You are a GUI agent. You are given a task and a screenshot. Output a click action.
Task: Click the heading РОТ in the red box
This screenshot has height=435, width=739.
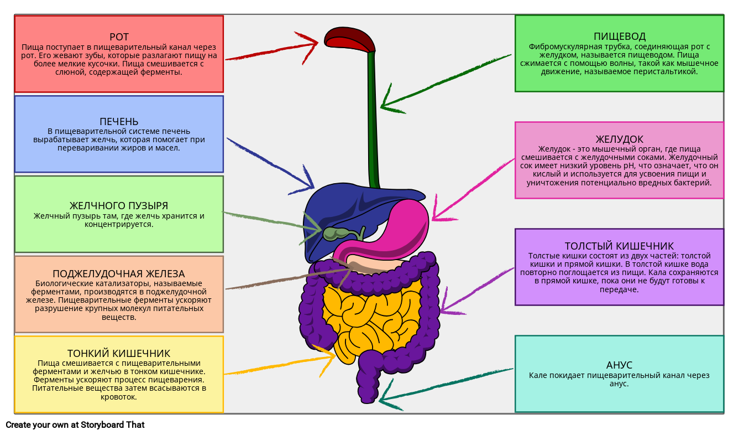[x=119, y=37]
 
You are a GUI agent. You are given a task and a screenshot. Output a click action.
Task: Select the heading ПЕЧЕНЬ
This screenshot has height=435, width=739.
[x=119, y=121]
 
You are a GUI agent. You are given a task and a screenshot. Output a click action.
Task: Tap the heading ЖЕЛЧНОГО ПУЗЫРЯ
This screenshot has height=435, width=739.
[x=119, y=206]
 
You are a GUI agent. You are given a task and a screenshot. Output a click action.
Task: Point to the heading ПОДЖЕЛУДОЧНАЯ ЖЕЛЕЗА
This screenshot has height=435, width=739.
[x=119, y=274]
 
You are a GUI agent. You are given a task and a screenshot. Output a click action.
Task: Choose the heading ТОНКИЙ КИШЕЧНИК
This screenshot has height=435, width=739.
[x=119, y=353]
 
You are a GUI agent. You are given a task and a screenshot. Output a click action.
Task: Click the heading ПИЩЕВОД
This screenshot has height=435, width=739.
[x=619, y=37]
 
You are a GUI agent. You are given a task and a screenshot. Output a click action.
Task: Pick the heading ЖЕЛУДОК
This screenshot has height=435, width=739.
[x=619, y=139]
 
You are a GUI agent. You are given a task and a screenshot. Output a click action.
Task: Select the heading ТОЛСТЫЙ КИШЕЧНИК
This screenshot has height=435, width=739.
[x=619, y=246]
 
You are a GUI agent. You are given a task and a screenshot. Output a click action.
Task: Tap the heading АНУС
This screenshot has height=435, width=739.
[x=619, y=365]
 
